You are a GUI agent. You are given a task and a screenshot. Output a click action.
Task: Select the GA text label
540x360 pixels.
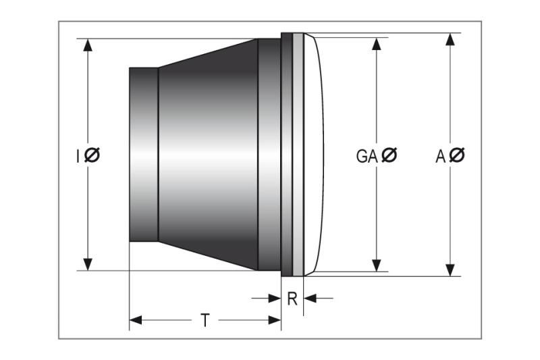[x=367, y=156]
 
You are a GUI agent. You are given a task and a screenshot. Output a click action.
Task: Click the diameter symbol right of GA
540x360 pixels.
[x=389, y=156]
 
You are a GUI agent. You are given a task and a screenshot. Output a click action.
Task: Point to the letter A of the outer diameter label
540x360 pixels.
[x=440, y=156]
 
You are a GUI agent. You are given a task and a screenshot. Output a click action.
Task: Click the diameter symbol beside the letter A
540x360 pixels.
[x=457, y=156]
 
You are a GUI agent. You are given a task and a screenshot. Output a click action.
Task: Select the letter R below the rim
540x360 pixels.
[x=292, y=298]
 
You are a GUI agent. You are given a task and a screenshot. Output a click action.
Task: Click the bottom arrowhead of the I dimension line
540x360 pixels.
[x=88, y=264]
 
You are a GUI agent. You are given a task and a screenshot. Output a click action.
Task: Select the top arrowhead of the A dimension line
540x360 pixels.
[x=450, y=39]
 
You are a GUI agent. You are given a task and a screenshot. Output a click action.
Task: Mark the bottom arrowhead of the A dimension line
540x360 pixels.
[x=450, y=269]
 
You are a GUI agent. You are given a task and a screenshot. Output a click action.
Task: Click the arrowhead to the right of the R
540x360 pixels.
[x=310, y=297]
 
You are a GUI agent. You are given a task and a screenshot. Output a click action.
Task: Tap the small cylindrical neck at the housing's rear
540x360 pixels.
[x=143, y=155]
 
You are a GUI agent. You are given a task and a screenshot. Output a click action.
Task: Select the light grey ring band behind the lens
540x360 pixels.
[x=298, y=155]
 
